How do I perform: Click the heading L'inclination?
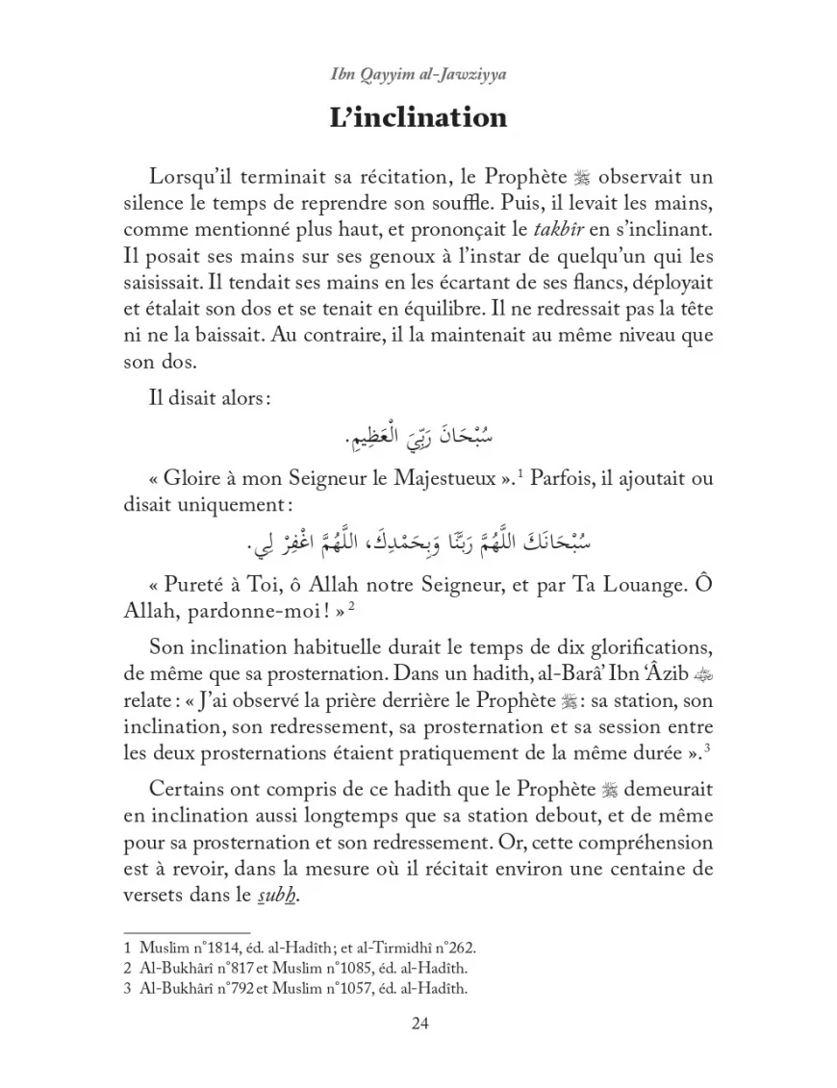[418, 117]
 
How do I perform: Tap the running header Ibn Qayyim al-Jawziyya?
[418, 73]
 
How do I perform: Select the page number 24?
[418, 1023]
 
